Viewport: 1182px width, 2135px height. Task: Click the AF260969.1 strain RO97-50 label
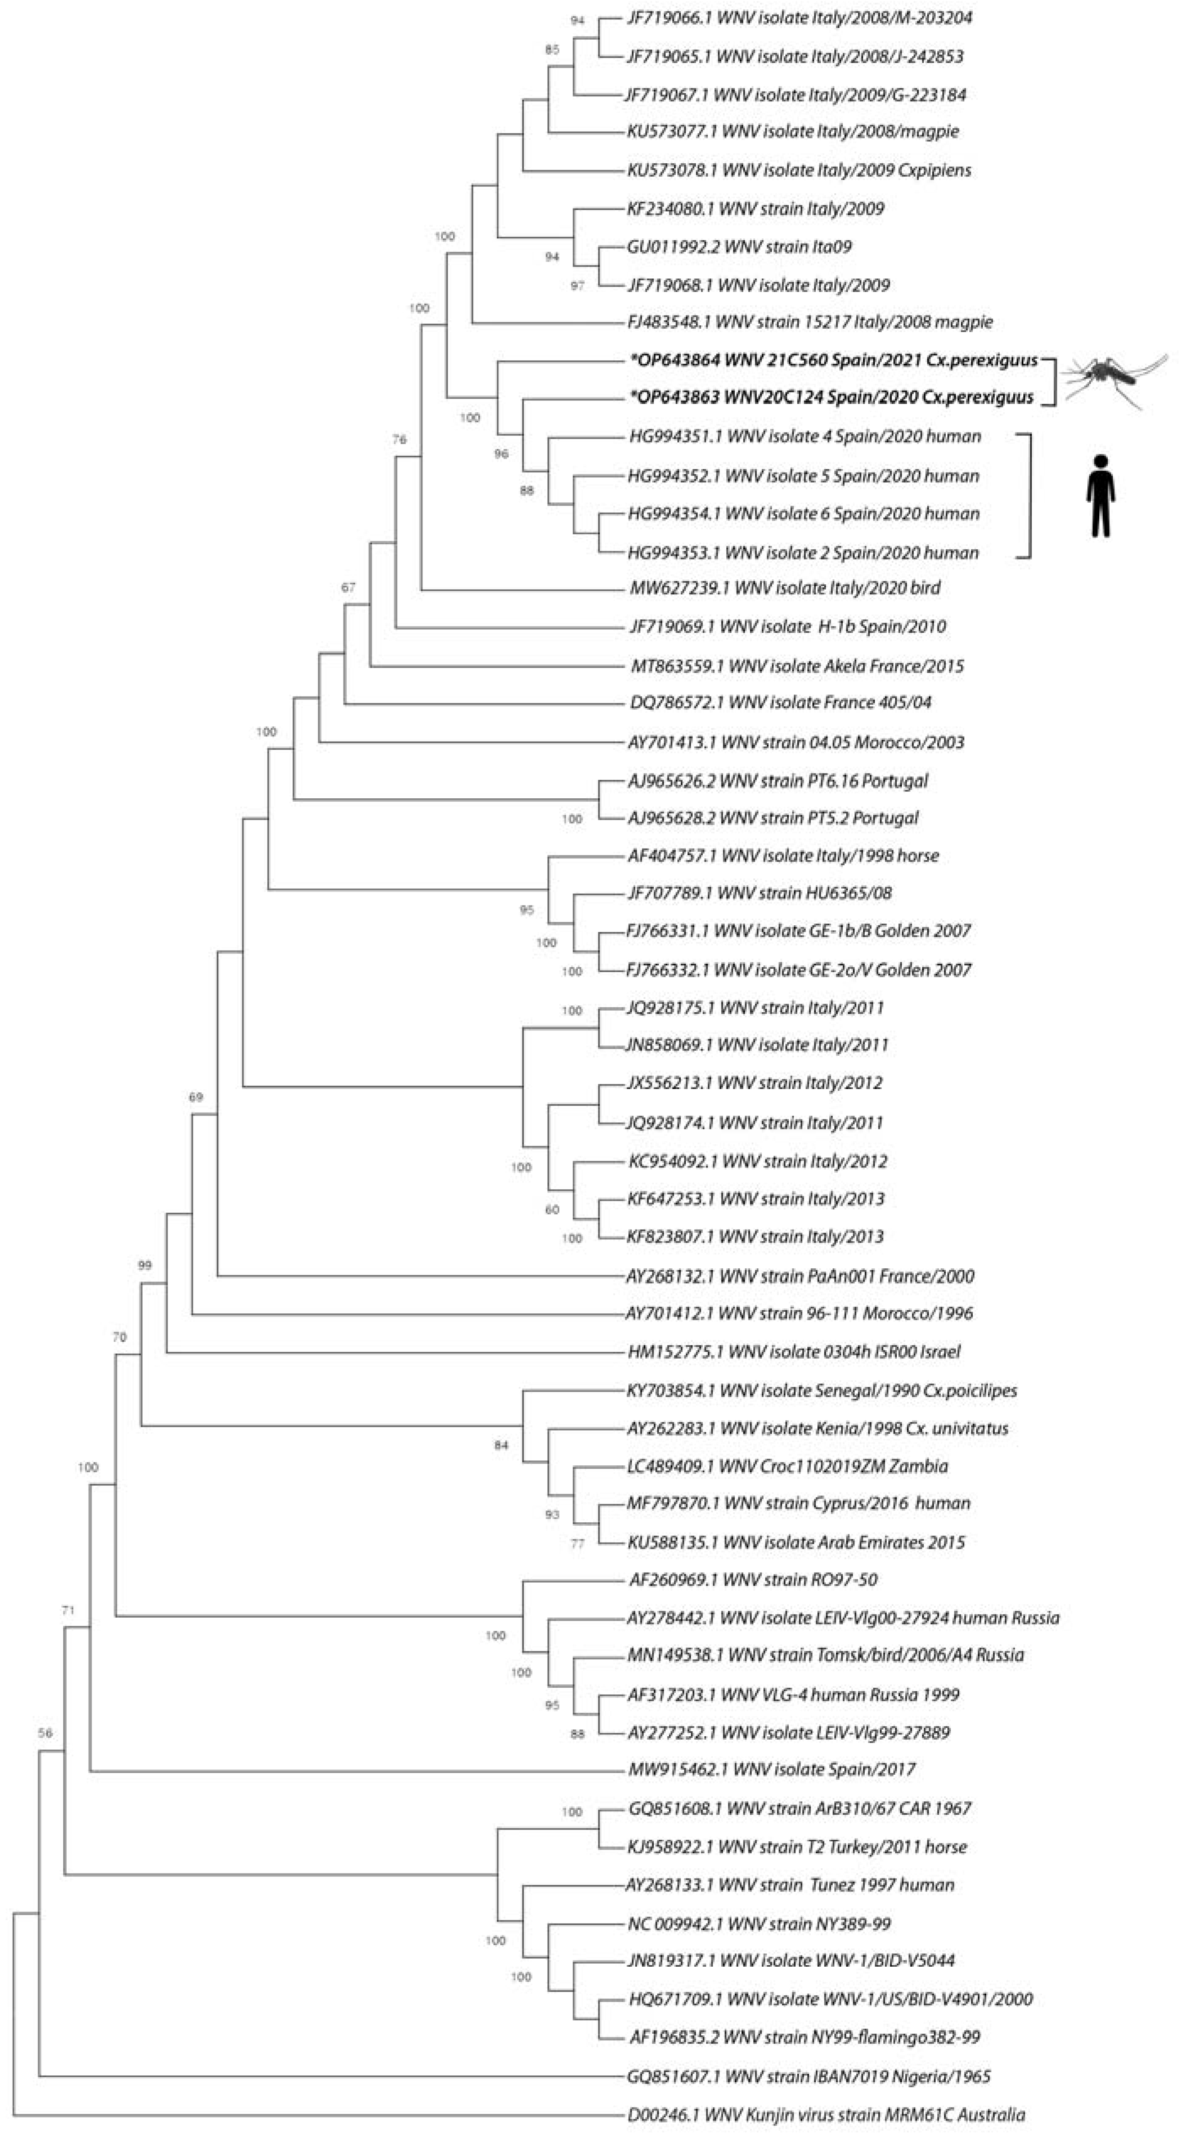tap(753, 1580)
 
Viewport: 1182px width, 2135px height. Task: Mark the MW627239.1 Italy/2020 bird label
tap(785, 589)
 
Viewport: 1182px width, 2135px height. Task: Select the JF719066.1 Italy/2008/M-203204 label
tap(798, 17)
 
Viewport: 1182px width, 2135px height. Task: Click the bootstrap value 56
tap(45, 1733)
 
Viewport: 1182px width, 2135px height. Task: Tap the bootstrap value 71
tap(68, 1611)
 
